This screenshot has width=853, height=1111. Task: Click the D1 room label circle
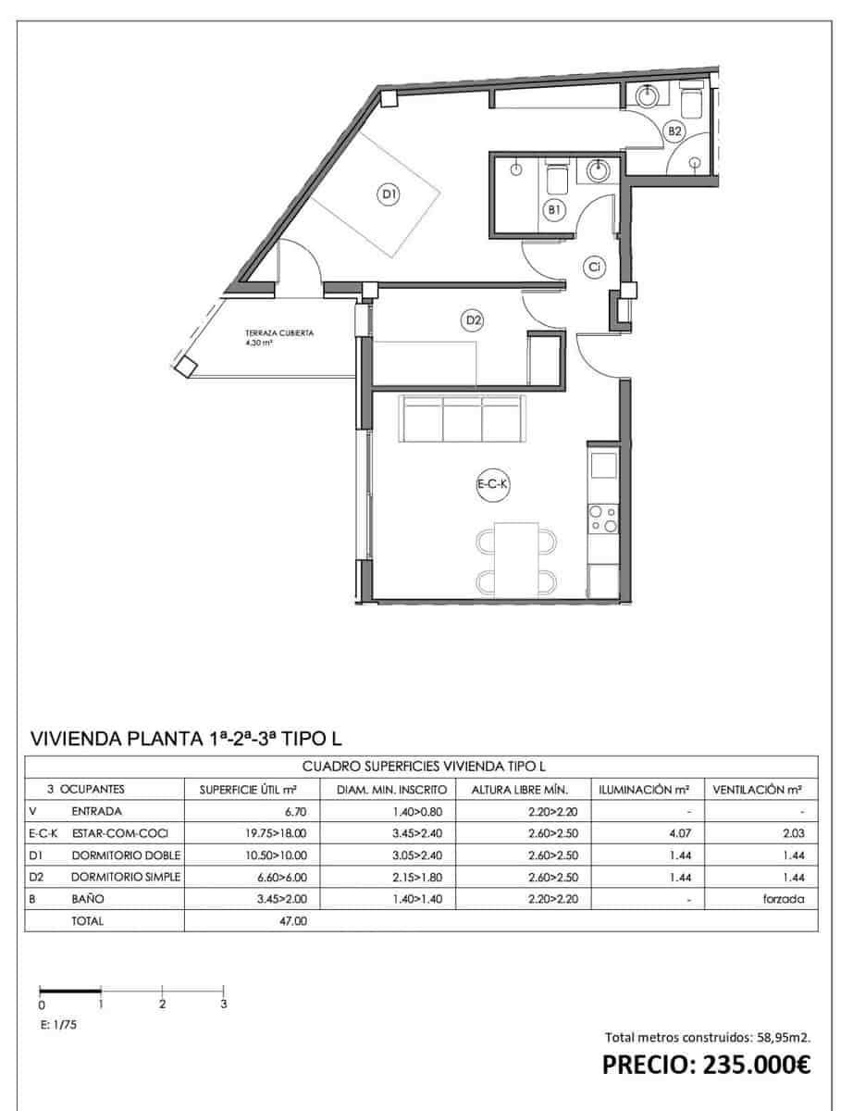389,194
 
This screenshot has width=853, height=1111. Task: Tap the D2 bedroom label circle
473,321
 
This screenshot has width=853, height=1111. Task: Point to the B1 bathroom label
554,211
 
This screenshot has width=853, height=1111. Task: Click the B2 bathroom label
675,131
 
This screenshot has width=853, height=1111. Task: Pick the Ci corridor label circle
596,268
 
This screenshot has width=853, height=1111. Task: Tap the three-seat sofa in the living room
463,418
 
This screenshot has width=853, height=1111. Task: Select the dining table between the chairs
516,559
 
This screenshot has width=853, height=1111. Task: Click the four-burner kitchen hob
603,518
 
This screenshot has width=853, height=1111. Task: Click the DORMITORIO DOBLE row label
126,855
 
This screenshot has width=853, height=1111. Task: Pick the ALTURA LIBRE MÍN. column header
519,790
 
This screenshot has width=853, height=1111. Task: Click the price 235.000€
707,1065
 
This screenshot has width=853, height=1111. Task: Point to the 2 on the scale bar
163,1004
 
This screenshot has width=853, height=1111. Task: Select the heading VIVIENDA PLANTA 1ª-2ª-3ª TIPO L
188,738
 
